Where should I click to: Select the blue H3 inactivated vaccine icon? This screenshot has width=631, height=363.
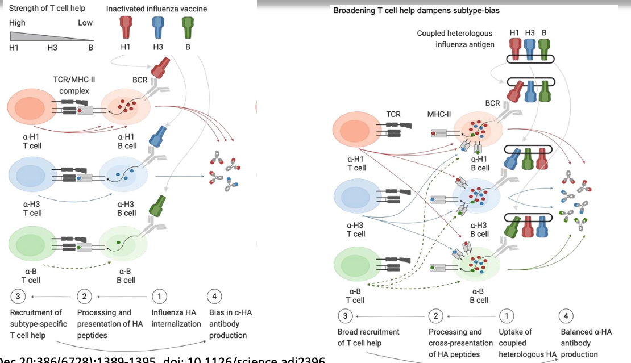[158, 28]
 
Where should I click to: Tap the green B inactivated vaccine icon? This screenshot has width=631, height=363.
[188, 28]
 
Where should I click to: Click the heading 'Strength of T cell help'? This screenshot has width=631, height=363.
[47, 9]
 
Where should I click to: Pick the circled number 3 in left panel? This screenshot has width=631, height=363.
[19, 297]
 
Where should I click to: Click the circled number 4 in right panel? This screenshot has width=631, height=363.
[566, 316]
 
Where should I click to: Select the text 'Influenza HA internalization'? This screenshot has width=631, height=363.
[176, 318]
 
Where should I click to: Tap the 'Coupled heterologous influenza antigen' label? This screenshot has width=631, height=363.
[455, 39]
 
